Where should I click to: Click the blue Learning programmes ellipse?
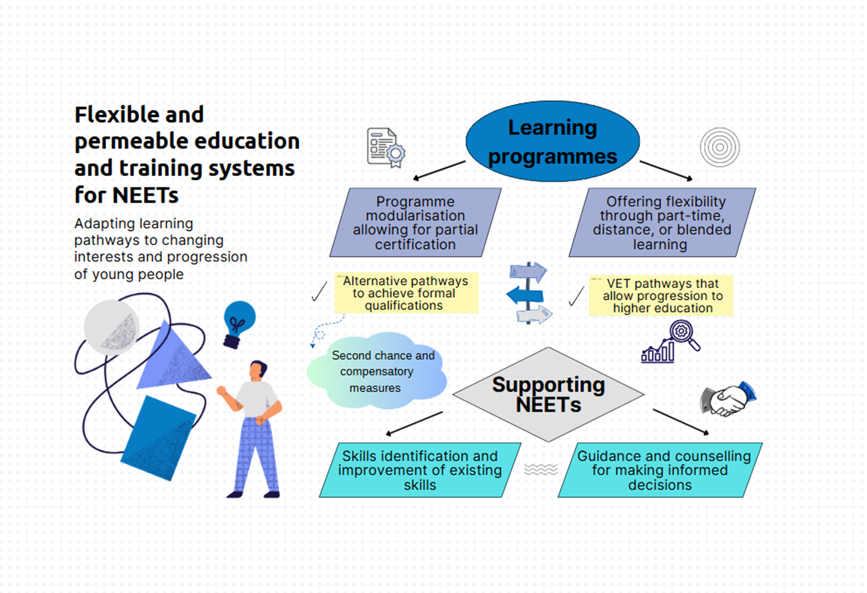pyautogui.click(x=552, y=141)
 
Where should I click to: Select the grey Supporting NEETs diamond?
pyautogui.click(x=548, y=394)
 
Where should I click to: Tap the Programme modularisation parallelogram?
pyautogui.click(x=415, y=222)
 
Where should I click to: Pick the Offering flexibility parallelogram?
pyautogui.click(x=662, y=222)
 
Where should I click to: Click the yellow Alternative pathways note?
pyautogui.click(x=407, y=293)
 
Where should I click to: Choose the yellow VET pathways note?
pyautogui.click(x=661, y=295)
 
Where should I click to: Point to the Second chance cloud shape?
pyautogui.click(x=377, y=371)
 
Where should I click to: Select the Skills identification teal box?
pyautogui.click(x=420, y=470)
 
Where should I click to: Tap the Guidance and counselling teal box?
pyautogui.click(x=660, y=470)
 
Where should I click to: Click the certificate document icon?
pyautogui.click(x=386, y=148)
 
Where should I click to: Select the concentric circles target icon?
pyautogui.click(x=719, y=147)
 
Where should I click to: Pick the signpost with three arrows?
pyautogui.click(x=529, y=293)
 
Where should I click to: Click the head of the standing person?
pyautogui.click(x=258, y=370)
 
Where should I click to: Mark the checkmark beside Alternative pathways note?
pyautogui.click(x=319, y=291)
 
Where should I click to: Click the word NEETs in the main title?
pyautogui.click(x=146, y=195)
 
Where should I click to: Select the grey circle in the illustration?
pyautogui.click(x=112, y=327)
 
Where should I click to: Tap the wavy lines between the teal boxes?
pyautogui.click(x=540, y=470)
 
